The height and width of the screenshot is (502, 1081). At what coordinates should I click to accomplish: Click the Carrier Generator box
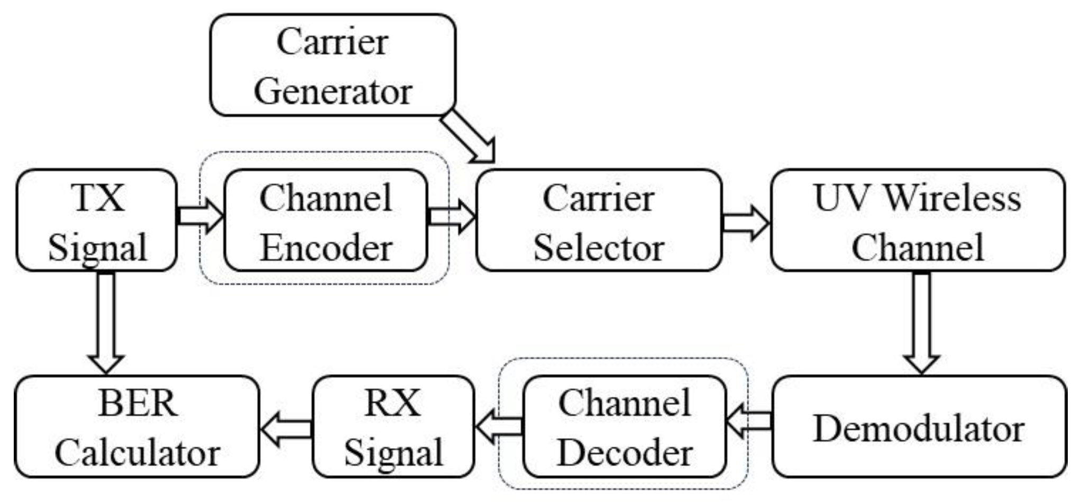[333, 65]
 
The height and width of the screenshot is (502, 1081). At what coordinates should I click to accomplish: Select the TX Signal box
[96, 221]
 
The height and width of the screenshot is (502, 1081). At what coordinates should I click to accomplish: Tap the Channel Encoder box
[326, 221]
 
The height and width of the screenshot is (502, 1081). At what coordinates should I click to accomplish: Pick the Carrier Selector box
[599, 221]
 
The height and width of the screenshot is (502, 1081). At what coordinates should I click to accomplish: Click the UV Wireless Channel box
[918, 221]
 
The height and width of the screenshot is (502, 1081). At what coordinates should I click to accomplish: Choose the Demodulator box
[919, 427]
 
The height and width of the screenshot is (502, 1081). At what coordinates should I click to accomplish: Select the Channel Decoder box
[624, 427]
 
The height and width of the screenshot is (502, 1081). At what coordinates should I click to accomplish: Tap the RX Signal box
[393, 427]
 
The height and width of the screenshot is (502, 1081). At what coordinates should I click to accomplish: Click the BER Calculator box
[137, 427]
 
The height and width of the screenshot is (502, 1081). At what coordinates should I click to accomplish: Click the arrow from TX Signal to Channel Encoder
[200, 216]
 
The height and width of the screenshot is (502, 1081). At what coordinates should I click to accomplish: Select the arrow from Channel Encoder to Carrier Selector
[451, 216]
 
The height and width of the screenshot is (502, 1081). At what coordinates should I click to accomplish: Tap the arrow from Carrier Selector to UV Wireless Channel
[745, 222]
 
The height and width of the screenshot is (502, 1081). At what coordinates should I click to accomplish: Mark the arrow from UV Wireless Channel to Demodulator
[921, 322]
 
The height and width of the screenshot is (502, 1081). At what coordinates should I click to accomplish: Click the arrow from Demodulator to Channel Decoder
[749, 421]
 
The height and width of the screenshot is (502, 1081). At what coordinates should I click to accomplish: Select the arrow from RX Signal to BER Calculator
[286, 428]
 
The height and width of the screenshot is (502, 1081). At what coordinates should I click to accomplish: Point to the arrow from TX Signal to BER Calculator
[106, 322]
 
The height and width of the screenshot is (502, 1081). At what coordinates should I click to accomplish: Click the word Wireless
[952, 198]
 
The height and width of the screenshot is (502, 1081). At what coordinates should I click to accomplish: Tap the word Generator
[333, 91]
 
